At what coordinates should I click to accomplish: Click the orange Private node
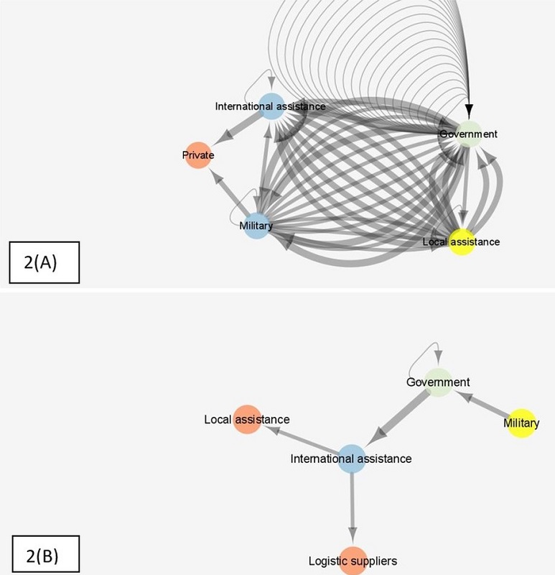197,155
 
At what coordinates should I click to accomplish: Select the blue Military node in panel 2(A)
256,226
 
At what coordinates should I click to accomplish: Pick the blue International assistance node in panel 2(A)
271,106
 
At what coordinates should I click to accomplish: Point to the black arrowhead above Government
469,109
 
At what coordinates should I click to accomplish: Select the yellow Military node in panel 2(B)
521,423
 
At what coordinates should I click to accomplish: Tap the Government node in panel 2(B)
438,382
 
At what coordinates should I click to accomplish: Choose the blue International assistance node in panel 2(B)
351,458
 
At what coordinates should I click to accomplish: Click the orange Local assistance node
246,419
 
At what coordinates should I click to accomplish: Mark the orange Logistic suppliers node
353,560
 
